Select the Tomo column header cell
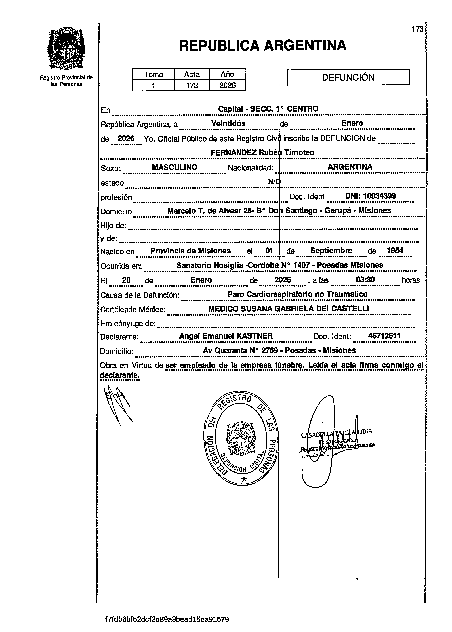coord(153,74)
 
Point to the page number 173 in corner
coord(417,29)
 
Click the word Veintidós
coord(228,123)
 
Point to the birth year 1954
coord(395,250)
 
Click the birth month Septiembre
coord(331,250)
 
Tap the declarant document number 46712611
coord(384,336)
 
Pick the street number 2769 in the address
coord(270,350)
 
